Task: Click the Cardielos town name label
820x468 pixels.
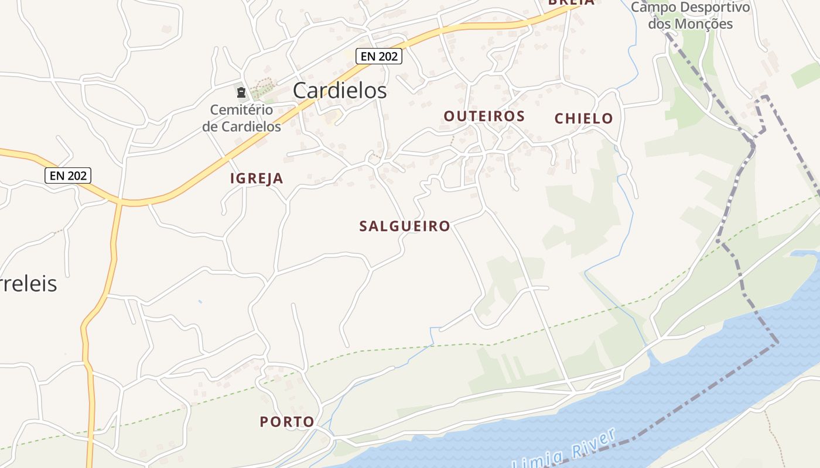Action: pyautogui.click(x=340, y=91)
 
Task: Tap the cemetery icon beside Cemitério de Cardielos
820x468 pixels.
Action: pyautogui.click(x=241, y=92)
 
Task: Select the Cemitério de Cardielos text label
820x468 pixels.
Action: pyautogui.click(x=241, y=118)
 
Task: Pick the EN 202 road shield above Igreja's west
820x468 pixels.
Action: pyautogui.click(x=68, y=175)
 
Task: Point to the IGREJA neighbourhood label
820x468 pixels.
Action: pyautogui.click(x=257, y=179)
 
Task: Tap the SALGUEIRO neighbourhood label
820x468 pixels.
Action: pyautogui.click(x=405, y=226)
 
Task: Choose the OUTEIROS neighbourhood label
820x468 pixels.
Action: pyautogui.click(x=484, y=116)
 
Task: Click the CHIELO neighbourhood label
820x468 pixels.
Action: pyautogui.click(x=583, y=119)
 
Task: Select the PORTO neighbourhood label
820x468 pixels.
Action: pyautogui.click(x=287, y=422)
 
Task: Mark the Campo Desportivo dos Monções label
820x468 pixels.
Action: pyautogui.click(x=691, y=16)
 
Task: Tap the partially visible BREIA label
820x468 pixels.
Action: pyautogui.click(x=571, y=2)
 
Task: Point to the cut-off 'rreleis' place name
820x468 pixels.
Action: pyautogui.click(x=28, y=284)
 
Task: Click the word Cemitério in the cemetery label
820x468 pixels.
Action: pyautogui.click(x=241, y=110)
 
